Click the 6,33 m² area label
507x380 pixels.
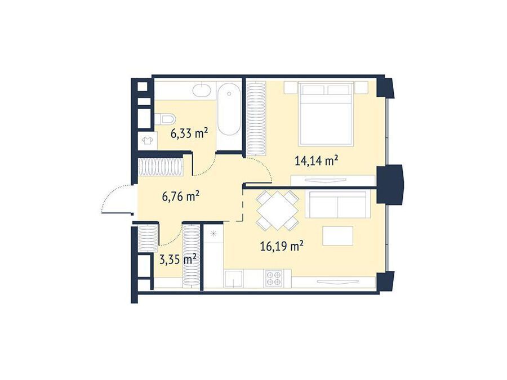[189, 133]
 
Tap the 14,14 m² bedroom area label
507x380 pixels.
[317, 160]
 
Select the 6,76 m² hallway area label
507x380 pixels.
[180, 196]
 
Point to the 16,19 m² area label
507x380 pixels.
[282, 247]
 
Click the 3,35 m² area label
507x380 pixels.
[178, 259]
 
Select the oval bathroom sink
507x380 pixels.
[202, 89]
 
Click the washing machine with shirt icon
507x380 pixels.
[148, 141]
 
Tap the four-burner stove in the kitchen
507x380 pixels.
[273, 278]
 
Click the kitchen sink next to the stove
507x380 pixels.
[234, 279]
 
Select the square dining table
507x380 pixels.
[277, 211]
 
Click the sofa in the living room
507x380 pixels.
[337, 204]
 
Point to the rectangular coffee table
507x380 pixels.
[337, 236]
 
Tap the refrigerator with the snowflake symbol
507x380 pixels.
[214, 256]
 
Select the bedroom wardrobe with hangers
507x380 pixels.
[256, 118]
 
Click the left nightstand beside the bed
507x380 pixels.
[290, 87]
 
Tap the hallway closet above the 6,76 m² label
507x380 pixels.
[161, 167]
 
